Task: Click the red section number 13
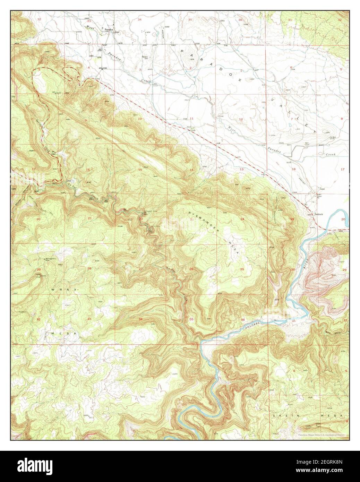[x=241, y=169]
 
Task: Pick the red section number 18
[x=293, y=169]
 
